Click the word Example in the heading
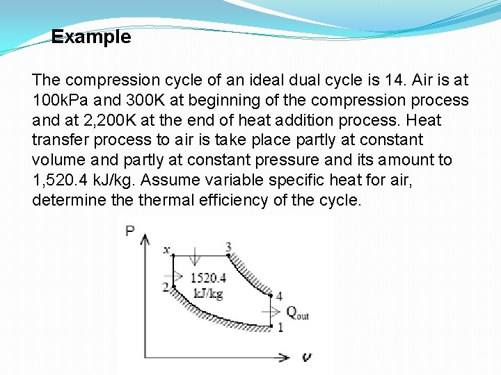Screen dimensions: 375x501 point(91,37)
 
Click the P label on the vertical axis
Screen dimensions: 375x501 point(130,231)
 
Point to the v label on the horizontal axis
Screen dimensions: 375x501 point(305,357)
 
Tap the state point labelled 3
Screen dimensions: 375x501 point(228,248)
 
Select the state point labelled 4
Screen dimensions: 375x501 point(278,297)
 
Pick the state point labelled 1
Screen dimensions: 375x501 point(280,327)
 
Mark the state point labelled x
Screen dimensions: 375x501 point(166,249)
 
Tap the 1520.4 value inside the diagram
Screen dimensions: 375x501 point(207,278)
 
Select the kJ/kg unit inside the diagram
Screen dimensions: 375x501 point(207,294)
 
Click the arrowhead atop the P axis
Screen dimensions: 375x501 point(145,240)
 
